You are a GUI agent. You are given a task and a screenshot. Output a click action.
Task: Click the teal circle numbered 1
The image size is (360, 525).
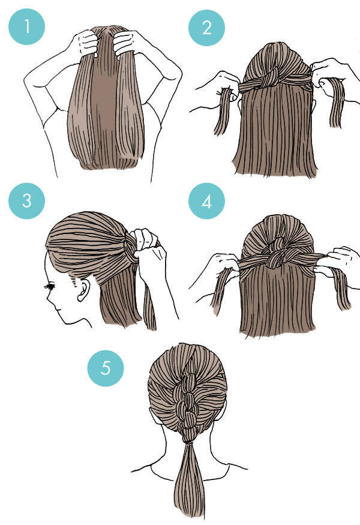pos(27,27)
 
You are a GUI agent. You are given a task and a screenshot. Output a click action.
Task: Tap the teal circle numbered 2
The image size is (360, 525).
pos(206,28)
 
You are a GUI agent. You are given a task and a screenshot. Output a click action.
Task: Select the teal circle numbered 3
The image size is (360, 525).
pos(27,201)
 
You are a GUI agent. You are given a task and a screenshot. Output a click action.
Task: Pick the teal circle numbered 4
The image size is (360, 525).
pos(206,201)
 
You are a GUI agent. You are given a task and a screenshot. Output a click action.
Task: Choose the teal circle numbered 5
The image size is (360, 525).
pos(106,368)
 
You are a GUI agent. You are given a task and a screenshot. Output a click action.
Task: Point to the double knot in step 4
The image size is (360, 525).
pos(276,252)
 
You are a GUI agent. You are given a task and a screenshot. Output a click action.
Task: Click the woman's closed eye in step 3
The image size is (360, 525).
pos(49,287)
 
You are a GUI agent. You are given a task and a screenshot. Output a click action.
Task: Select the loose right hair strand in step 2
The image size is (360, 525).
pos(336,103)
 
